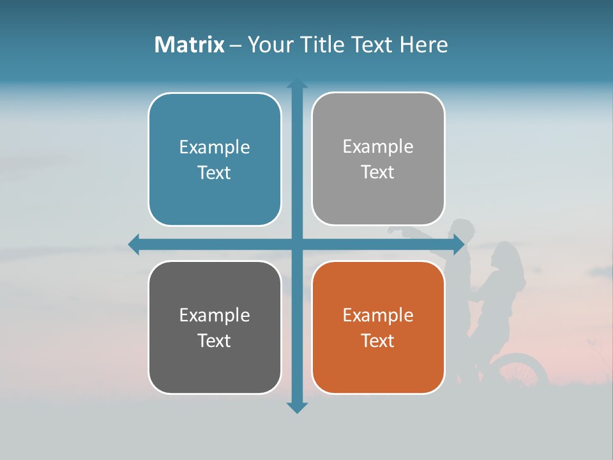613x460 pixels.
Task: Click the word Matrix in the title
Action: pyautogui.click(x=189, y=45)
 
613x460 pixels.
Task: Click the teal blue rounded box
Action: pyautogui.click(x=215, y=159)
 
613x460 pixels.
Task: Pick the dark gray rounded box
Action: pyautogui.click(x=215, y=327)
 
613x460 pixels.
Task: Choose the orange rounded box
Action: pyautogui.click(x=378, y=327)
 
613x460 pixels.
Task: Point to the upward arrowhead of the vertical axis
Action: pyautogui.click(x=297, y=84)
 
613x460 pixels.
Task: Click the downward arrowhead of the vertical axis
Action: pyautogui.click(x=297, y=407)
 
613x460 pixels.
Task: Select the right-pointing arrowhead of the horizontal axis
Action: pyautogui.click(x=458, y=244)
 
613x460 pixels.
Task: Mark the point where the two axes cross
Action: pyautogui.click(x=297, y=244)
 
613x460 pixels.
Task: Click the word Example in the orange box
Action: pyautogui.click(x=378, y=315)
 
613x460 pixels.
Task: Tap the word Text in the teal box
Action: pyautogui.click(x=215, y=172)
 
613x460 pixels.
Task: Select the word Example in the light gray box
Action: pyautogui.click(x=378, y=146)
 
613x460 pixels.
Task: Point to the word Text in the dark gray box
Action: pyautogui.click(x=215, y=341)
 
